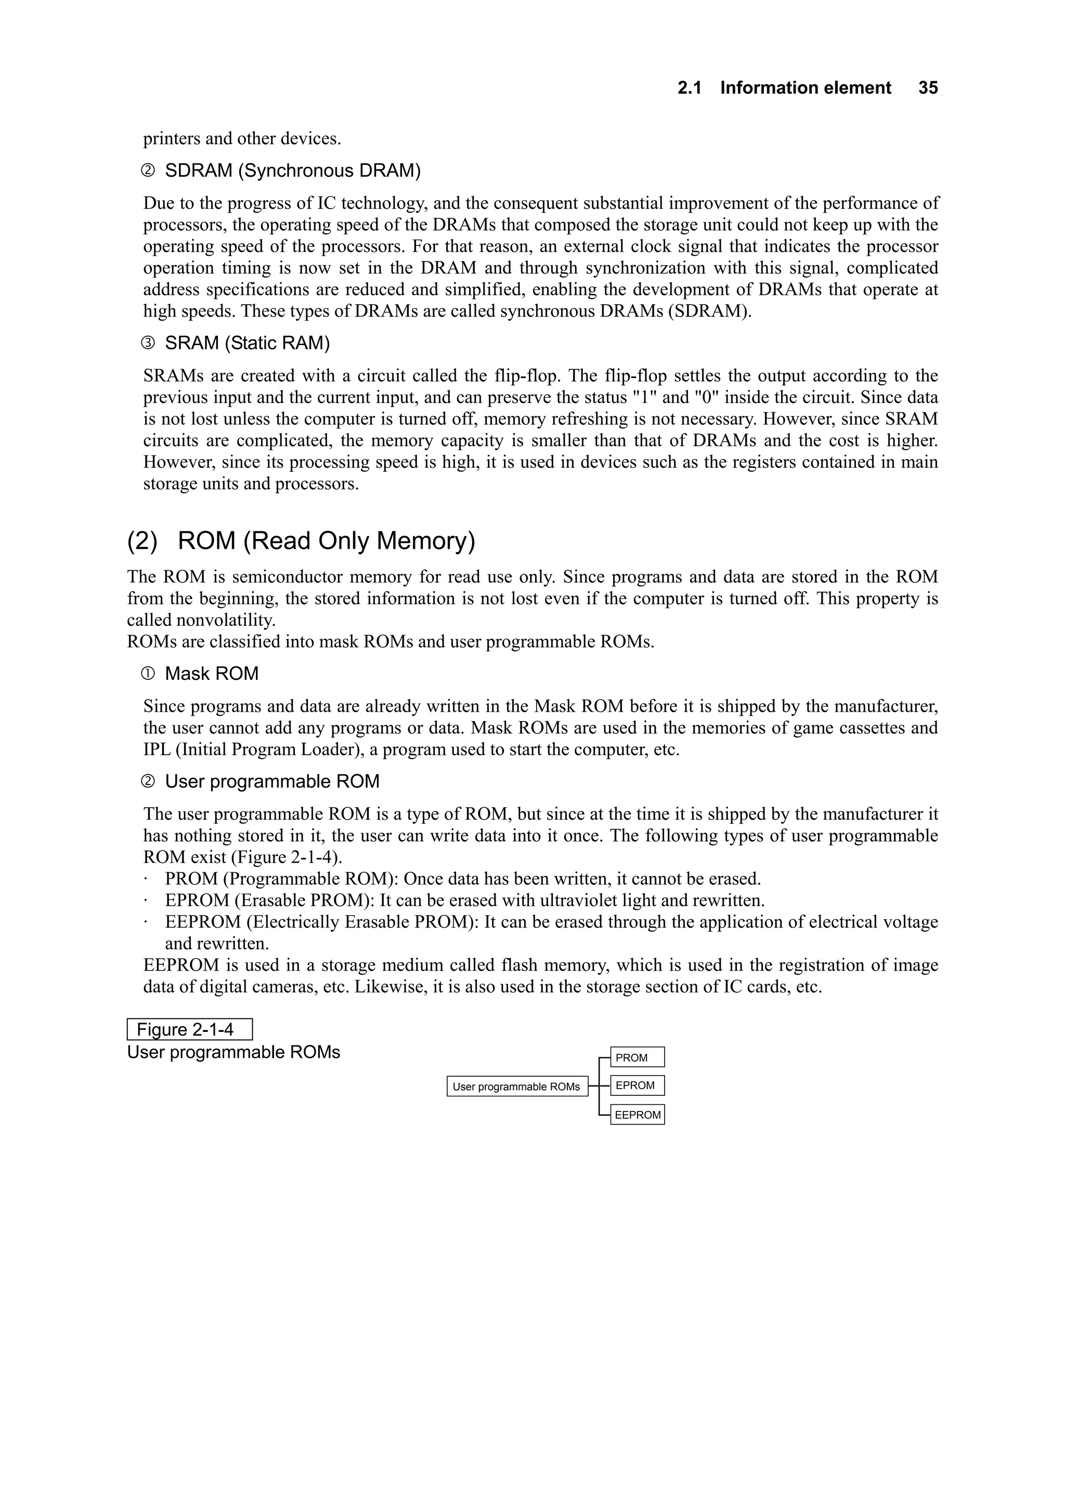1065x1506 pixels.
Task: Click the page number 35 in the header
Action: (928, 88)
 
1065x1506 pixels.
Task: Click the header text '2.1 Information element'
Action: (784, 88)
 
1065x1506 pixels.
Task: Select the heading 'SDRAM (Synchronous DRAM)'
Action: (292, 171)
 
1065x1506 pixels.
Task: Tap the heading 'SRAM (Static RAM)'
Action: (246, 343)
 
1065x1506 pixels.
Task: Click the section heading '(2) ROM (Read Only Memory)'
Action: (301, 541)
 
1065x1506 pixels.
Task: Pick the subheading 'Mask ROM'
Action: (211, 674)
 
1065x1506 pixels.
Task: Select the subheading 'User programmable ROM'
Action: (271, 782)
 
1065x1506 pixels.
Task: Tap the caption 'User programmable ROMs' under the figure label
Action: (233, 1053)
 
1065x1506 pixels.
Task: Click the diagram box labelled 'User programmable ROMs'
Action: (516, 1086)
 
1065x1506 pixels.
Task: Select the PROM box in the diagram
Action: (637, 1057)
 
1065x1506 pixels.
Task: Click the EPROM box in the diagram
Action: (637, 1085)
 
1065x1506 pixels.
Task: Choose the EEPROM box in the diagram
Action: (637, 1115)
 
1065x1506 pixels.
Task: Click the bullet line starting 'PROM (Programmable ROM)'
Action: (463, 879)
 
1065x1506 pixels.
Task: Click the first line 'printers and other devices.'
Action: (241, 139)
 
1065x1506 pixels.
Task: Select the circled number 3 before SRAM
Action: (148, 343)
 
